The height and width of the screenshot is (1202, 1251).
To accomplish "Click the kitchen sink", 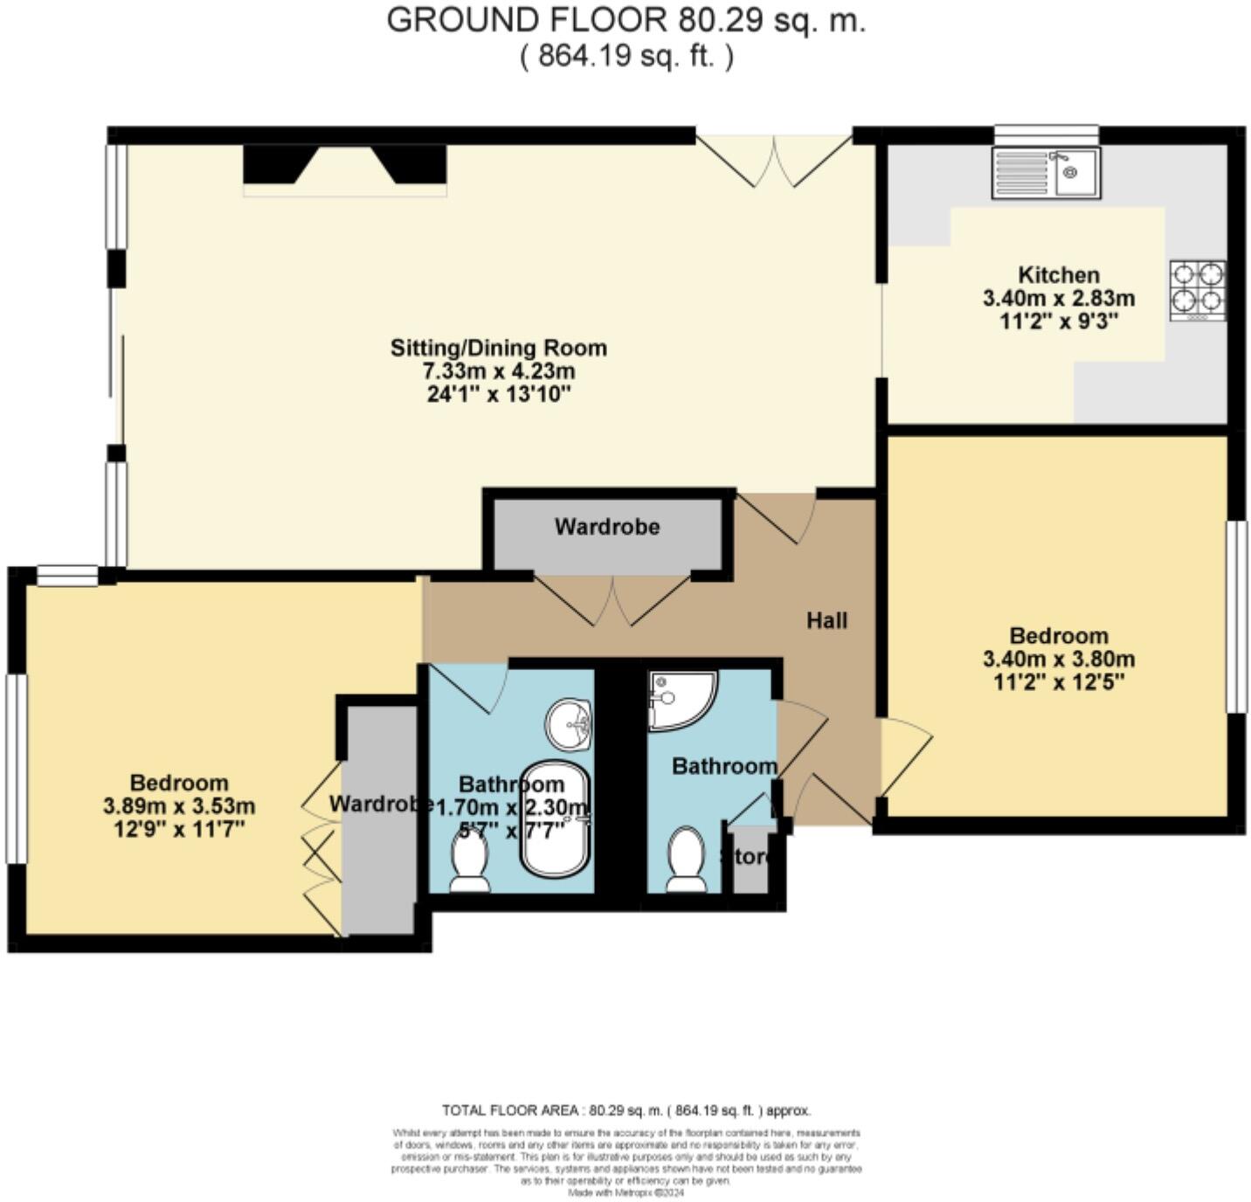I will pyautogui.click(x=1046, y=172).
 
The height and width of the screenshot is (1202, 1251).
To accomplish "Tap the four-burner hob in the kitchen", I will pyautogui.click(x=1197, y=290).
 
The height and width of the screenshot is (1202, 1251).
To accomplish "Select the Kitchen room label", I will pyautogui.click(x=1059, y=274).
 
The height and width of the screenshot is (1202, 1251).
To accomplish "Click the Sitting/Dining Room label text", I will pyautogui.click(x=498, y=348).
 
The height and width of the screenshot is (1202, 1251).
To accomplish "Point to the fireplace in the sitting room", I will pyautogui.click(x=344, y=166).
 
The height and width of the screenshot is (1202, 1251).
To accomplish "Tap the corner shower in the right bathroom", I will pyautogui.click(x=680, y=700).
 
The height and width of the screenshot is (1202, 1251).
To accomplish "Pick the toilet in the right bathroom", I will pyautogui.click(x=686, y=860).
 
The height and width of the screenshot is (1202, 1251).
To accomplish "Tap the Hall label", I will pyautogui.click(x=826, y=620).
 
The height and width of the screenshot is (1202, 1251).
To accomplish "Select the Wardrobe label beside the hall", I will pyautogui.click(x=606, y=527).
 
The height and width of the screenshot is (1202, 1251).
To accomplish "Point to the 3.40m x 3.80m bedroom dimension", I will pyautogui.click(x=1059, y=659).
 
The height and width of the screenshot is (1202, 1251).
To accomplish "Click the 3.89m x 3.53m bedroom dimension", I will pyautogui.click(x=179, y=805).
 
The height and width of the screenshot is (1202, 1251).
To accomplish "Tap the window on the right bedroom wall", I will pyautogui.click(x=1236, y=617).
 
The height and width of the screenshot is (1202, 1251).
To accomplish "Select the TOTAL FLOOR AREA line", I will pyautogui.click(x=625, y=1110).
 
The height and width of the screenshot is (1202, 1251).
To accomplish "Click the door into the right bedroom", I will pyautogui.click(x=905, y=756).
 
